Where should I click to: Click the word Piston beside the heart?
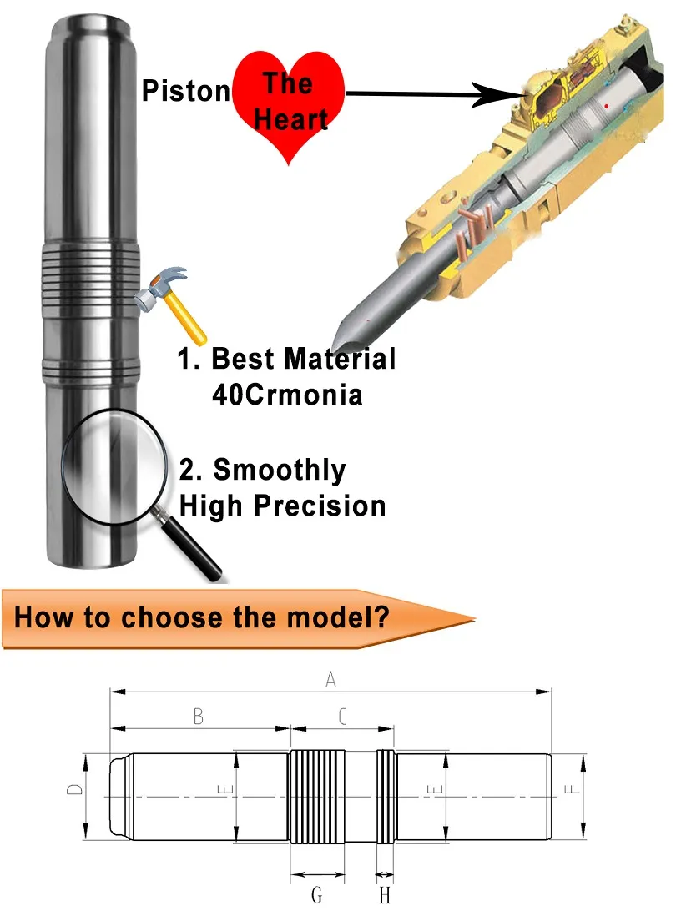186,91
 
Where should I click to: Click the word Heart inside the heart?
290,119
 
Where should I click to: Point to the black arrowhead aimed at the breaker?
497,94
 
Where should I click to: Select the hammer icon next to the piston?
170,304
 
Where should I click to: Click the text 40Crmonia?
287,395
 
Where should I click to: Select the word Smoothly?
280,471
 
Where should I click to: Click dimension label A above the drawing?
330,679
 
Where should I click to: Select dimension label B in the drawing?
199,717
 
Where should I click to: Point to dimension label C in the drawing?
342,717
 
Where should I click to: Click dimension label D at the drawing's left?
74,789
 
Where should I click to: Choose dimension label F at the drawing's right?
572,789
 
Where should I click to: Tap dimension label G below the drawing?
316,894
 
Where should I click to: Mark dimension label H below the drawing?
385,894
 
